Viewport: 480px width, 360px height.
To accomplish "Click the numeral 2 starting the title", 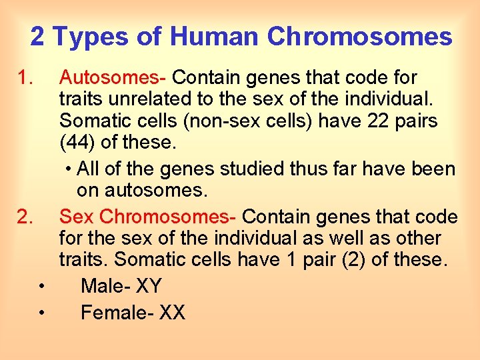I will pos(37,37).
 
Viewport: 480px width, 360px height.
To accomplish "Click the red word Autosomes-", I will pos(114,79).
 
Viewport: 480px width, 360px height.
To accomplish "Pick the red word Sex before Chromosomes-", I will pos(76,217).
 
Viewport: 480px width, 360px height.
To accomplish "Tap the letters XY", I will pos(149,287).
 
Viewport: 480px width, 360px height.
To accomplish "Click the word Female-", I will pos(117,312).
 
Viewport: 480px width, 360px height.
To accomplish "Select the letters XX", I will pos(173,312).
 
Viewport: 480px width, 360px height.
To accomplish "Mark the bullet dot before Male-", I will pos(41,287).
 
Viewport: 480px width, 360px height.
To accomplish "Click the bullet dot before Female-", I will pos(41,313).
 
